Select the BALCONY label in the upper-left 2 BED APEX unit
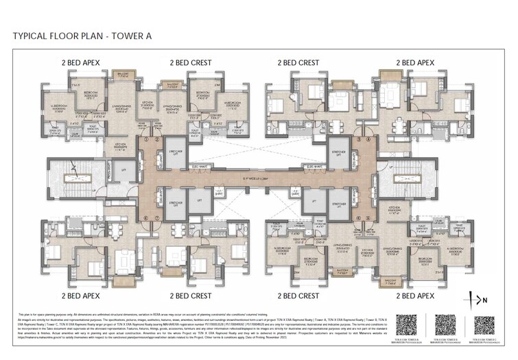coord(121,73)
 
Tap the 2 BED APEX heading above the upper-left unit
coord(81,62)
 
